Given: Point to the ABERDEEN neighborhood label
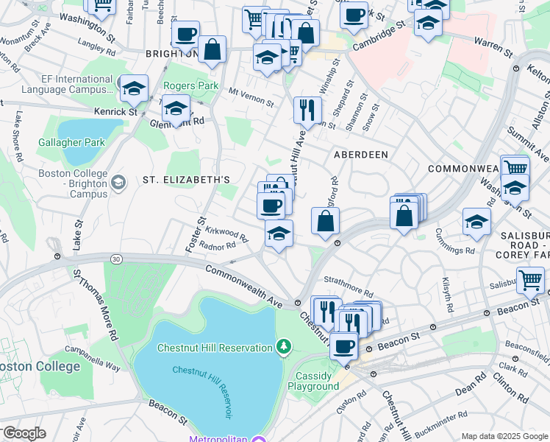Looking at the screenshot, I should point(360,155).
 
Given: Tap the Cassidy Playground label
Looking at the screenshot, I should point(313,381).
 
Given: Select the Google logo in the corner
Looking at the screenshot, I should point(24,432).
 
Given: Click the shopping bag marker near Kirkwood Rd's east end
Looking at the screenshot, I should point(325,220).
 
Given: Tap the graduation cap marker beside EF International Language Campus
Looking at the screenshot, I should point(133,88).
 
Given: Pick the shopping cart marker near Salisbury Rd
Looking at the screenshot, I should point(530,280).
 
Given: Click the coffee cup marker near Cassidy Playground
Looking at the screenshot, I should point(343,345).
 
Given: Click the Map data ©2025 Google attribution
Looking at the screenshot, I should point(504,436).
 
